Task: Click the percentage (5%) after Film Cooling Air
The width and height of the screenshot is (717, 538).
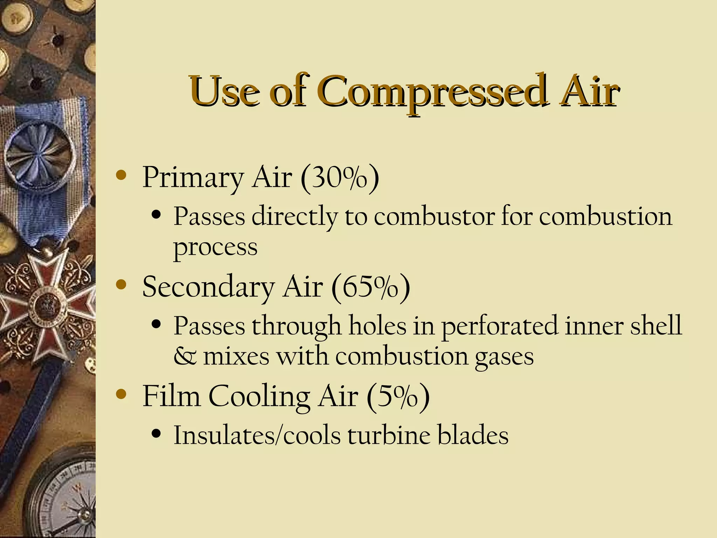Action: point(398,396)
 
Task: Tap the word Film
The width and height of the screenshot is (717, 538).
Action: point(171,396)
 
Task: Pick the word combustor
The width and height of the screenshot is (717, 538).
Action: point(434,216)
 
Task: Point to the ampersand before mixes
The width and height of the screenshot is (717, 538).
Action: point(185,357)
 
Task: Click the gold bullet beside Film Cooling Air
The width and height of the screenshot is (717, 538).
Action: point(121,394)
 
